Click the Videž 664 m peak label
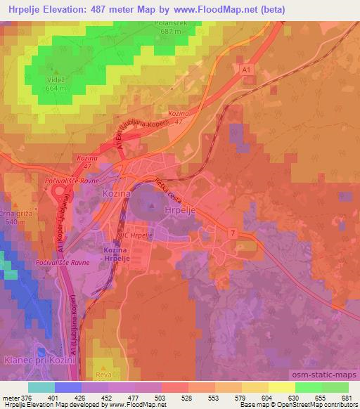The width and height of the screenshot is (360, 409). point(54,84)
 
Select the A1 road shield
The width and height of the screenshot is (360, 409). point(245,72)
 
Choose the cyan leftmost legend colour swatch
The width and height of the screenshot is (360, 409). point(41,387)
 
